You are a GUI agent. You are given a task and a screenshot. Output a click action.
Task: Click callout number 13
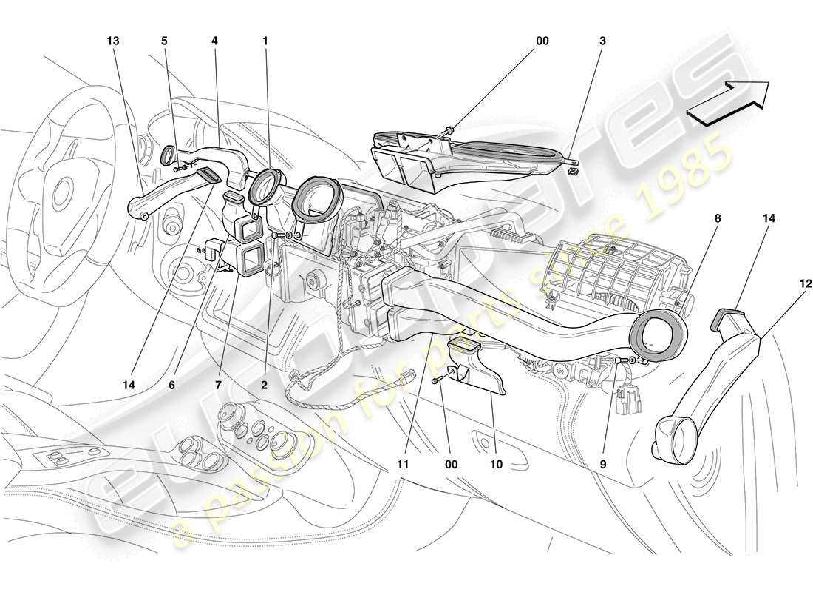coord(112,41)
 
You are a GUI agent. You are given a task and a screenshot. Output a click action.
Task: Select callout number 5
coord(165,41)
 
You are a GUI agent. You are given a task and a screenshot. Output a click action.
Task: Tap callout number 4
coord(214,41)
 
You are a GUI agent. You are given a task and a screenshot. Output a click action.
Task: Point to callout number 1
coord(265,41)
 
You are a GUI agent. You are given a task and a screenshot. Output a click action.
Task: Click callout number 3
coord(602,41)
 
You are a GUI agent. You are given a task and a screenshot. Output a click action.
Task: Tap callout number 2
coord(264,385)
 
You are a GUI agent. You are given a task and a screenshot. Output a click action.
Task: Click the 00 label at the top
coord(542,41)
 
